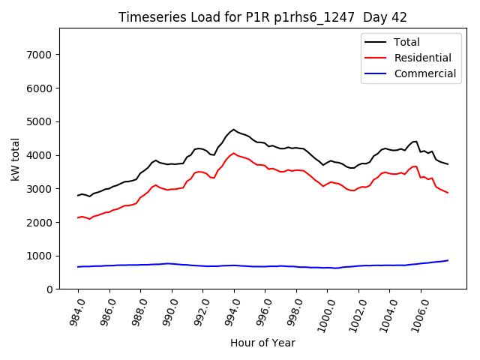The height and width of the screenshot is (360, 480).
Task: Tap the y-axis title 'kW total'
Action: (x=16, y=159)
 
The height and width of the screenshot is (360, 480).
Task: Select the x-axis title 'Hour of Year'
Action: (x=262, y=343)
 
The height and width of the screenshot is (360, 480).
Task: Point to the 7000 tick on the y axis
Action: (x=38, y=55)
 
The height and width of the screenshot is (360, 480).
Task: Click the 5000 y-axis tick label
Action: (x=38, y=121)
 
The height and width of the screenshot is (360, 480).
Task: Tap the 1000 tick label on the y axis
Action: (x=38, y=256)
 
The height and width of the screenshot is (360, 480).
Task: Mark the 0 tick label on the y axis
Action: (x=48, y=289)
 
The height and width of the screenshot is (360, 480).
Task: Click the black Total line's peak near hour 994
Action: (x=234, y=130)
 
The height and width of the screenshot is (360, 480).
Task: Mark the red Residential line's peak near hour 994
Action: (x=234, y=153)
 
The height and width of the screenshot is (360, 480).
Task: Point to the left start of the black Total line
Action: (x=78, y=196)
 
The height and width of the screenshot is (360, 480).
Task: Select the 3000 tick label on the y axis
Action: (x=38, y=189)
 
